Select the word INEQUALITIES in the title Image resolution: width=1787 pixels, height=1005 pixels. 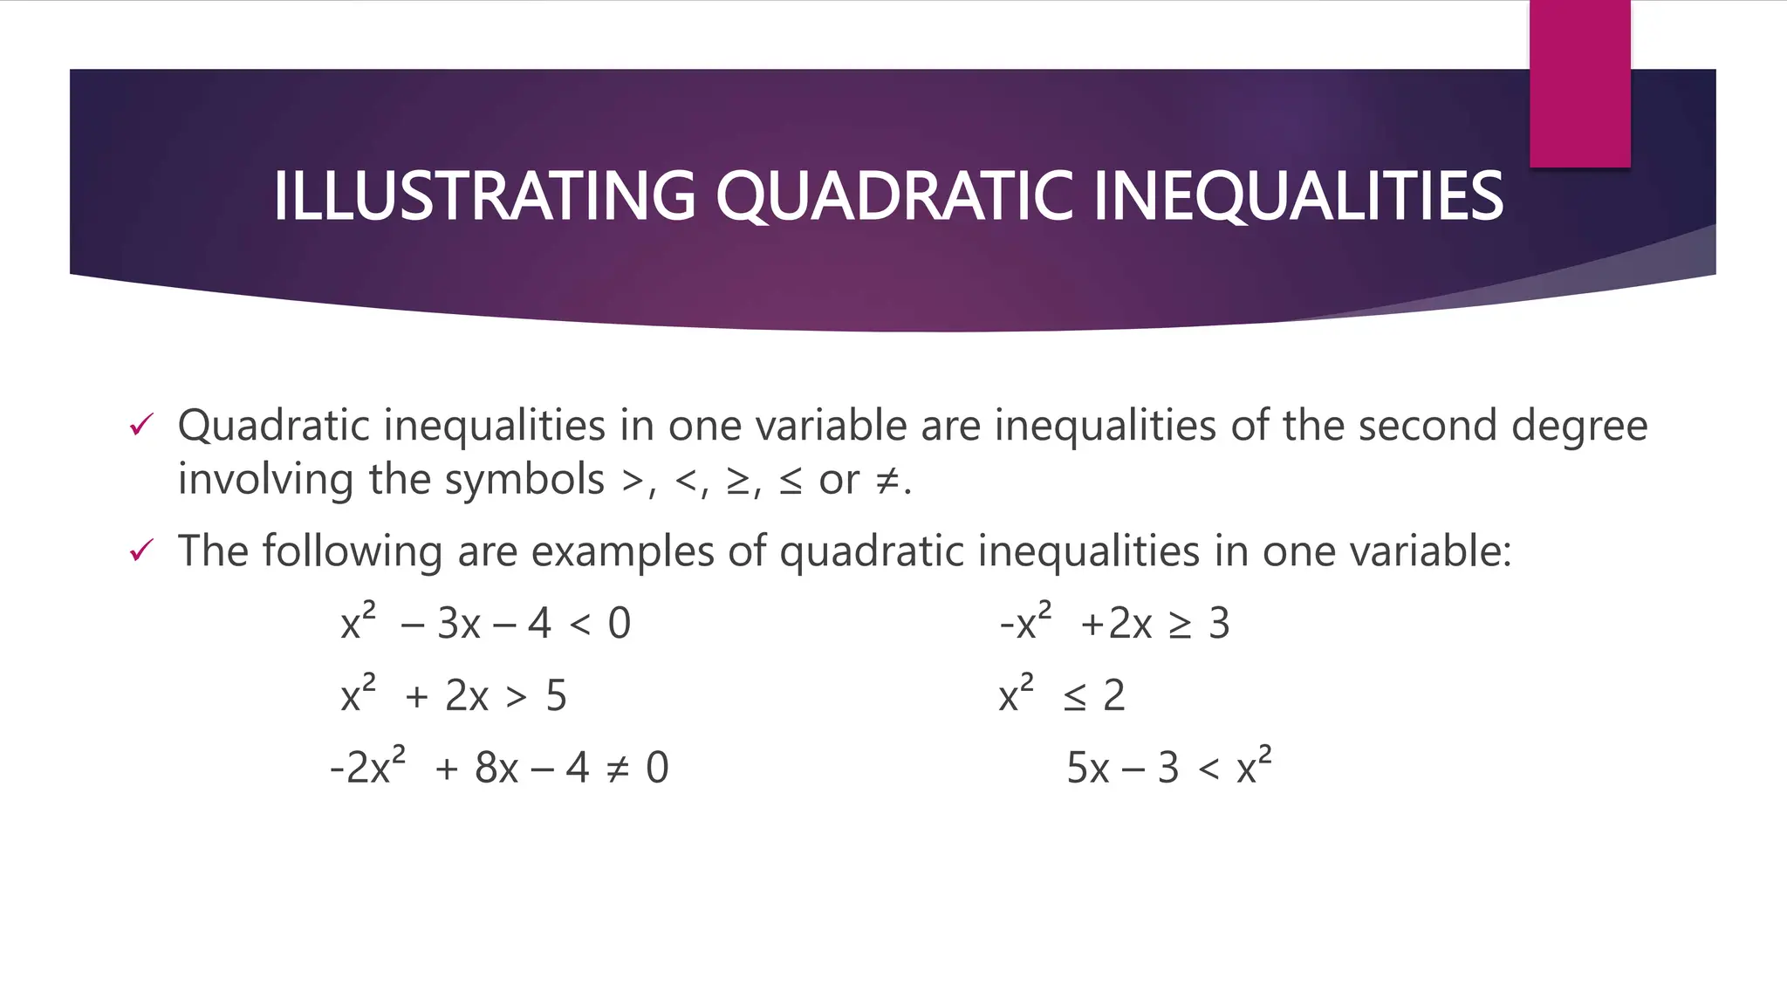pos(1297,195)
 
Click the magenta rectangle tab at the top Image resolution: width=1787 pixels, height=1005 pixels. pos(1579,83)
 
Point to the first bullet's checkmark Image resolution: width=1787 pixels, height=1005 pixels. pos(140,426)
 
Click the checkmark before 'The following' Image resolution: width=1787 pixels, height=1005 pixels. pos(140,551)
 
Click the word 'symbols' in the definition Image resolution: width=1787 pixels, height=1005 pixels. pos(524,480)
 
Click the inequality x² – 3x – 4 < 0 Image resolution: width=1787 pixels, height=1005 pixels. pos(485,623)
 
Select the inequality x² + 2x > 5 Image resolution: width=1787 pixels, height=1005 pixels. pos(454,695)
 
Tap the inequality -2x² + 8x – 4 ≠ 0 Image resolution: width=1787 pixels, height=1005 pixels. pos(499,768)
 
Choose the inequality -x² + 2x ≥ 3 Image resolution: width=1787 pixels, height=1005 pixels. pos(1114,623)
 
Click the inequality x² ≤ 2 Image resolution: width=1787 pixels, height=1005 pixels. pos(1062,695)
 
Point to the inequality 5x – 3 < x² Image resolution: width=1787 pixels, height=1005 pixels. pos(1168,768)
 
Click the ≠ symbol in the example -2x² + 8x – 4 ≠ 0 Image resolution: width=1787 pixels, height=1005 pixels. pos(617,769)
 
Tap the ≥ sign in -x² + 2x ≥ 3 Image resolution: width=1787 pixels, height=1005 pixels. pos(1179,625)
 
